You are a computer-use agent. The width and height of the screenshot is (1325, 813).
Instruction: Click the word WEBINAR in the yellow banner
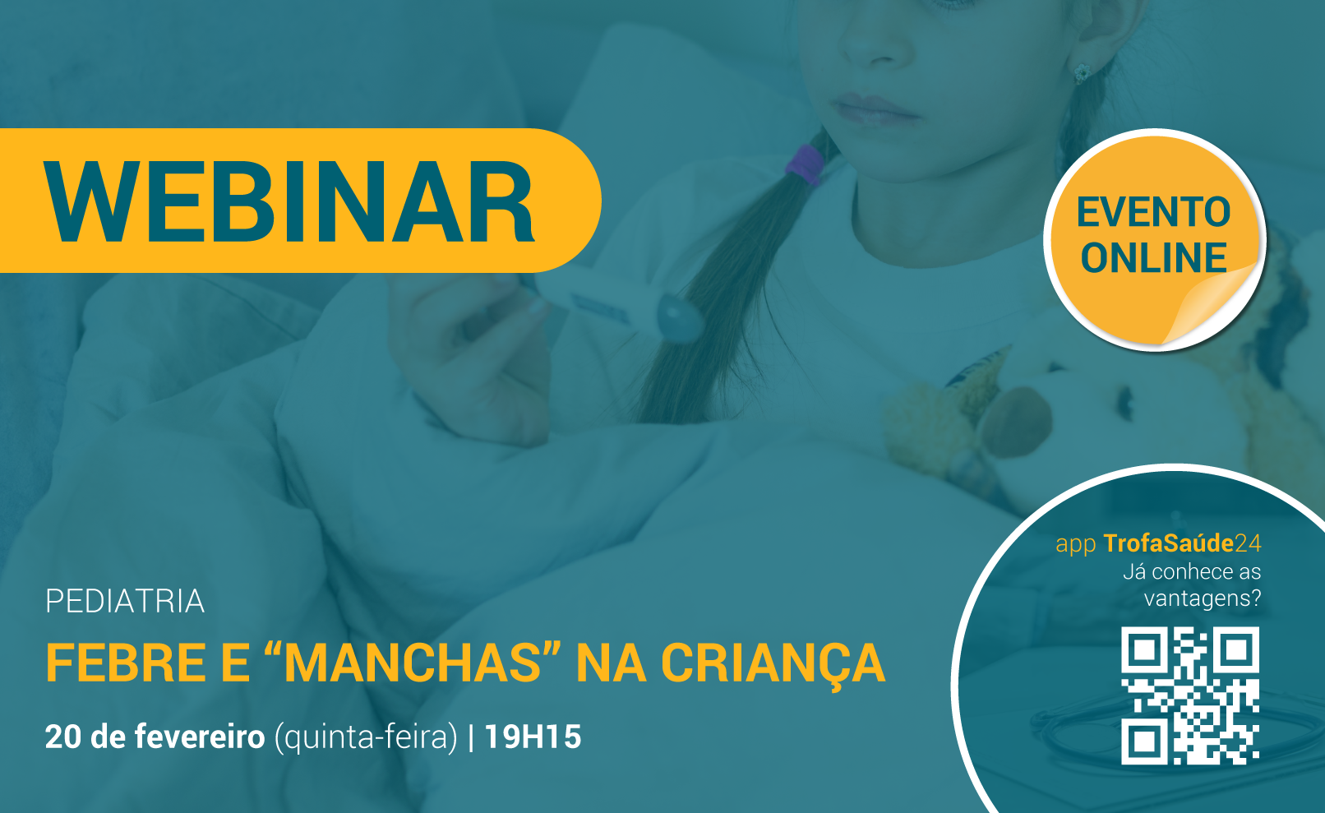tap(289, 201)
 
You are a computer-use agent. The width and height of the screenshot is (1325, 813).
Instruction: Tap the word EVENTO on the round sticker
tap(1153, 212)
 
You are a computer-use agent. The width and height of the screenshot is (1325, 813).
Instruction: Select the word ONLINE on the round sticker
tap(1153, 257)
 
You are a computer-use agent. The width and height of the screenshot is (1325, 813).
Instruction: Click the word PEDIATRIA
tap(125, 601)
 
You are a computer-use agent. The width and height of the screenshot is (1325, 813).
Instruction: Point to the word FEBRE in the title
tap(125, 663)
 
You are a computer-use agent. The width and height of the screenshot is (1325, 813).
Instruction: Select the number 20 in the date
tap(63, 737)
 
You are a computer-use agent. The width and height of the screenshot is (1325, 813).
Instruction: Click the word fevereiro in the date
tap(200, 737)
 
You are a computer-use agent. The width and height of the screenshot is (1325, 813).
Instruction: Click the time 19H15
tap(533, 737)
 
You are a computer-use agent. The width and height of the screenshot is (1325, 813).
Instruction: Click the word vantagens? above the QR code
tap(1203, 598)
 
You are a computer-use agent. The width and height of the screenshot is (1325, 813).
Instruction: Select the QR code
tap(1190, 695)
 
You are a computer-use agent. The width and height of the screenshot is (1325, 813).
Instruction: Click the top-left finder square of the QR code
tap(1144, 649)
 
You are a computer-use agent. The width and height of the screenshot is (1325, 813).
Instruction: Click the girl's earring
tap(1082, 73)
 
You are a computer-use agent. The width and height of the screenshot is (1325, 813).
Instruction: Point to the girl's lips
tap(875, 110)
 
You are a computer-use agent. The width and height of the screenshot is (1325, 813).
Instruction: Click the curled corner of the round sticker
tap(1216, 305)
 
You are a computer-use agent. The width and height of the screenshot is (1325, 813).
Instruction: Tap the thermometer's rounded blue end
tap(679, 317)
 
